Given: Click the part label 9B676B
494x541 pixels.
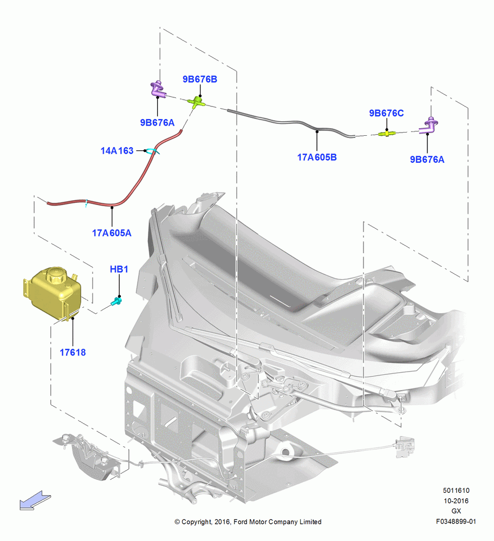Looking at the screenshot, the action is [200, 80].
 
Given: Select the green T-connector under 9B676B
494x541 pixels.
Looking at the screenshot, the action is [197, 102].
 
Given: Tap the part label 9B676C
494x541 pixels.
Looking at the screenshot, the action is [386, 113].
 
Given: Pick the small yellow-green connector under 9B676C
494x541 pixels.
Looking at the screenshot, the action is [387, 133].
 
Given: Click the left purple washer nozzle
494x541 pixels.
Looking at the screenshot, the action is [158, 89].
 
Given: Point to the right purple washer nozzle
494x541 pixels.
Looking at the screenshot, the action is [430, 126].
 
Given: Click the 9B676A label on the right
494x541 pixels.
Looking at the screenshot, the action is [427, 160].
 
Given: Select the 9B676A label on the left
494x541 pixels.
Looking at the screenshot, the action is [157, 122].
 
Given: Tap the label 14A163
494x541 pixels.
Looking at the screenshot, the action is [117, 151].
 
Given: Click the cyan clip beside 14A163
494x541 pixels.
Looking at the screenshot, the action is [152, 151].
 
